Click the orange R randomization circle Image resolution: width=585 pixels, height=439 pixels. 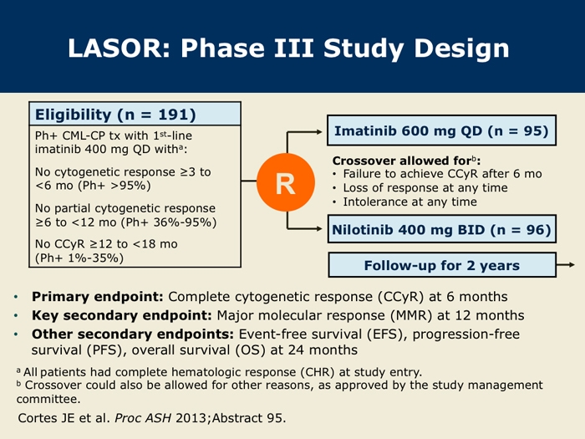[x=286, y=182]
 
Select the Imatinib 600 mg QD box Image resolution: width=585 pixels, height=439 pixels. [x=442, y=130]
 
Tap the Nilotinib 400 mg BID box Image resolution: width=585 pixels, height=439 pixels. [x=442, y=229]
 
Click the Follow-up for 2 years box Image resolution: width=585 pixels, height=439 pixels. [x=442, y=265]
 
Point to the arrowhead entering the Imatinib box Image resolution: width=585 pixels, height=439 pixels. [x=319, y=132]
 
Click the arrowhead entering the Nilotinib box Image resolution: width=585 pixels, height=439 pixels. [x=319, y=228]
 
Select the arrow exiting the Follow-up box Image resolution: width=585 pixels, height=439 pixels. [x=566, y=265]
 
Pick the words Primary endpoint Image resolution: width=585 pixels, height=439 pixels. [x=98, y=297]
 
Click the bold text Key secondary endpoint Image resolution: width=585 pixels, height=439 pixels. [x=122, y=315]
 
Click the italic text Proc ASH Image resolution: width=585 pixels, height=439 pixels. [x=143, y=418]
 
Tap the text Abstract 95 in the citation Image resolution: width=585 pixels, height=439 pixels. [x=249, y=418]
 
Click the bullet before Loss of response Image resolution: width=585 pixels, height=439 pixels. [x=334, y=188]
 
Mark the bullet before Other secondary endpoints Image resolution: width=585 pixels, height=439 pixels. [x=16, y=334]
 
